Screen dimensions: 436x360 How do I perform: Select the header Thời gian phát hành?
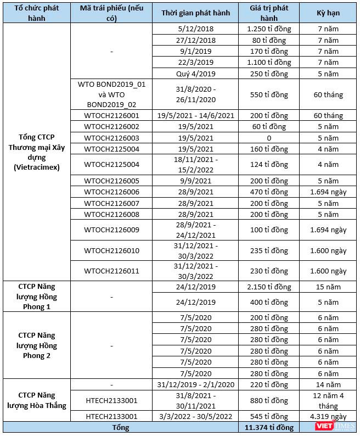click(x=195, y=13)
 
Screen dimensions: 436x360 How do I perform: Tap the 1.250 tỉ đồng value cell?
click(x=269, y=29)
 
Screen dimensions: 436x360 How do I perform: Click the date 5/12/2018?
click(x=195, y=29)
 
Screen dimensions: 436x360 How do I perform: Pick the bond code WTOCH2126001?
click(x=111, y=115)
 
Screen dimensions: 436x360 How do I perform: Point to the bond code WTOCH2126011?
click(x=111, y=271)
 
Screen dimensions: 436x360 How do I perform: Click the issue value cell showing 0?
click(x=269, y=137)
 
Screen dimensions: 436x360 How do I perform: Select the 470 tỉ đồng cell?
click(x=269, y=192)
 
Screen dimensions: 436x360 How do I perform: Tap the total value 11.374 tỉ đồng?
click(x=269, y=427)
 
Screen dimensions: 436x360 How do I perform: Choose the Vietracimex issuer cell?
click(x=36, y=152)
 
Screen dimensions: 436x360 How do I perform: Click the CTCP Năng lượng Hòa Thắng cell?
click(x=36, y=400)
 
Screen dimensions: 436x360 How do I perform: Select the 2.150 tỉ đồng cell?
click(x=269, y=287)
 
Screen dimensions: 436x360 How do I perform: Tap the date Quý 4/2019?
click(x=195, y=73)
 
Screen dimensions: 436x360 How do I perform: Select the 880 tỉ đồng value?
click(x=269, y=400)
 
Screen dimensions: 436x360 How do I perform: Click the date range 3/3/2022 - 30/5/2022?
click(x=195, y=417)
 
